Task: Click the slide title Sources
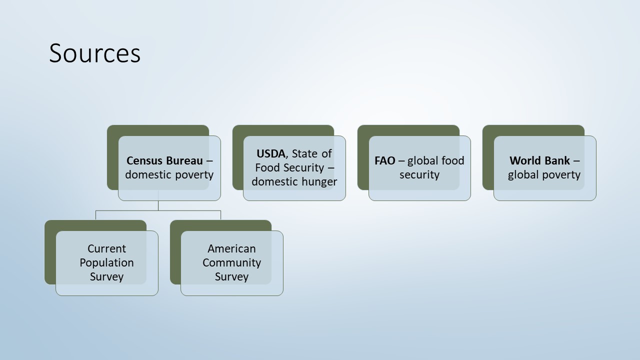click(x=94, y=53)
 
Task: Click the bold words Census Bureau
click(x=164, y=160)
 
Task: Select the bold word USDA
click(x=271, y=153)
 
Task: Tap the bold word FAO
click(x=385, y=160)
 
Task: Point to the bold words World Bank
click(x=539, y=160)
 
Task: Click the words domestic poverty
click(x=169, y=174)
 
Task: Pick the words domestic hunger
click(x=294, y=181)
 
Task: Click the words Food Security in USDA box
click(x=289, y=167)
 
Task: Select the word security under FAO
click(x=419, y=174)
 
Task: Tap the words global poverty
click(x=544, y=174)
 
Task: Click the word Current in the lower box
click(x=106, y=248)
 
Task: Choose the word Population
click(x=106, y=262)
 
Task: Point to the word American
click(x=231, y=248)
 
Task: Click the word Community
click(x=231, y=262)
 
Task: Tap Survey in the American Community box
click(x=231, y=276)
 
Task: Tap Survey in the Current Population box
click(x=106, y=276)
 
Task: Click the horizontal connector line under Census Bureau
click(x=158, y=211)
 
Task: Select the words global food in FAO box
click(x=435, y=160)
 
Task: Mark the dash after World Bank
click(x=576, y=161)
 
